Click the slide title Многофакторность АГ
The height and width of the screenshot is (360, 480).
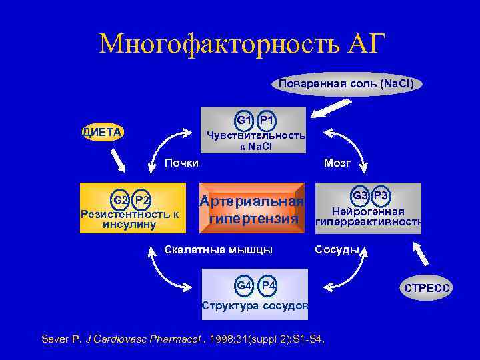click(x=242, y=44)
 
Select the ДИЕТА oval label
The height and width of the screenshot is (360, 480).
click(x=103, y=132)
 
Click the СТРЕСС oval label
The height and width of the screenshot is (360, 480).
click(x=427, y=288)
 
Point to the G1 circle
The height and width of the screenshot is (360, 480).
click(x=243, y=120)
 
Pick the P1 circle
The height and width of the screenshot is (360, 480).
click(x=267, y=120)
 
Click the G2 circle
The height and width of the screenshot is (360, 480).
click(x=121, y=200)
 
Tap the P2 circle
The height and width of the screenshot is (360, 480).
click(x=143, y=200)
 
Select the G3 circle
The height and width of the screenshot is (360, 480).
click(x=360, y=195)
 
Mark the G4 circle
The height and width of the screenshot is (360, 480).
click(x=245, y=286)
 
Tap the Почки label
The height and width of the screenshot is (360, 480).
click(x=181, y=163)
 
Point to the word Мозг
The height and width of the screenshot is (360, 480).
click(x=337, y=163)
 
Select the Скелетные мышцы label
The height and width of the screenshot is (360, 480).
click(x=218, y=251)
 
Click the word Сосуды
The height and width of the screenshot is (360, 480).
click(x=337, y=251)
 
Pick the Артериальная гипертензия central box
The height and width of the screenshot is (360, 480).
click(x=252, y=209)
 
